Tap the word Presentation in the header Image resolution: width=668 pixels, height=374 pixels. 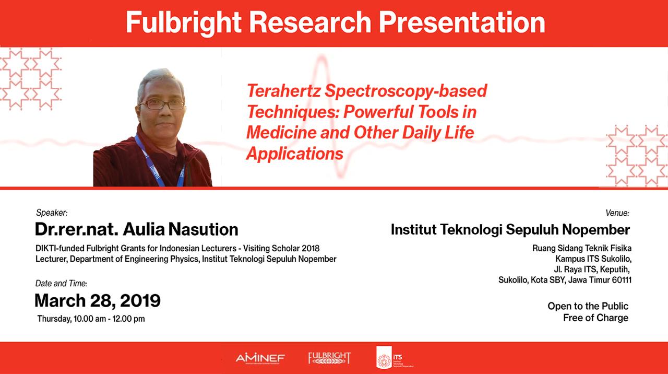tap(462, 22)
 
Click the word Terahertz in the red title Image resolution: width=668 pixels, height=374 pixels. tap(283, 91)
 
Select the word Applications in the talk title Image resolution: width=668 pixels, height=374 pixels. tap(295, 154)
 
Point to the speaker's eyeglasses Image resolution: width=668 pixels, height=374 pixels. tap(162, 104)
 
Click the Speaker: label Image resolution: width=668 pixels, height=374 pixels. tap(52, 213)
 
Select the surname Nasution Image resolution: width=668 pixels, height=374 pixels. tap(203, 229)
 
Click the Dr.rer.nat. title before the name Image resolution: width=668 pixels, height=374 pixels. tap(77, 229)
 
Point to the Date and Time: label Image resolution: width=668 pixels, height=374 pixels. tap(62, 283)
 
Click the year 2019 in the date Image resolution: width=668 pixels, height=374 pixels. tap(140, 300)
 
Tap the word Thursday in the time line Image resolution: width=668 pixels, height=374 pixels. tap(54, 319)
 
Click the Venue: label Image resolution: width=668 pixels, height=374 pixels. tap(617, 213)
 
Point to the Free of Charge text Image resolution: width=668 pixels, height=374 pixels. tap(595, 318)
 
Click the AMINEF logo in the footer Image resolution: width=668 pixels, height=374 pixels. tap(260, 358)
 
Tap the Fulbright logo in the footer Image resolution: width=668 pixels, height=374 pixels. tap(329, 358)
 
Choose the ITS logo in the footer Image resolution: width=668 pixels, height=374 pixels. tap(395, 357)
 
